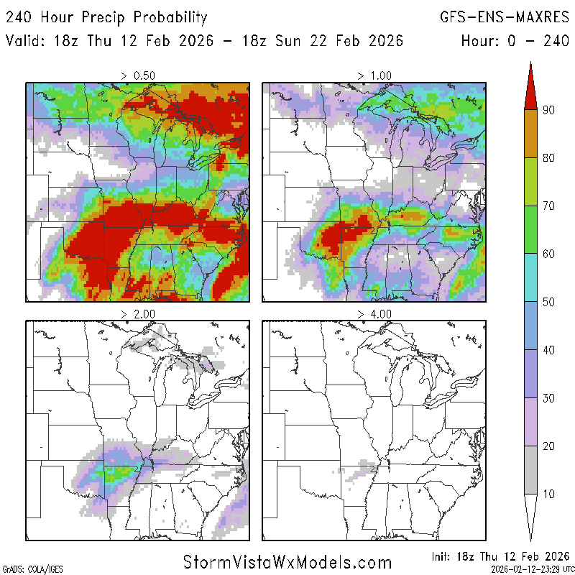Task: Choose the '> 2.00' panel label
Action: coord(138,314)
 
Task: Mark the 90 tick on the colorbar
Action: coord(548,110)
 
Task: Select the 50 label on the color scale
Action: coord(548,302)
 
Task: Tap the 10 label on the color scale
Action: coord(548,494)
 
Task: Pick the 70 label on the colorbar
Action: coord(548,206)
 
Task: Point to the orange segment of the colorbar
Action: coord(530,134)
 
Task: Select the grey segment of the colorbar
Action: coord(530,470)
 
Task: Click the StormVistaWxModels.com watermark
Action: coord(287,561)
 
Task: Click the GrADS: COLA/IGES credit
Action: coord(25,569)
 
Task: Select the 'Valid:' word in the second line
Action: coord(27,40)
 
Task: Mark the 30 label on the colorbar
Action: coord(548,398)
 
